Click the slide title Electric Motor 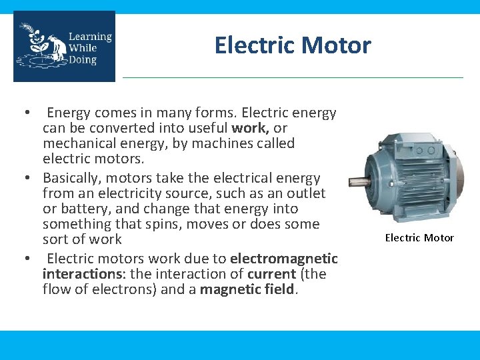(x=292, y=45)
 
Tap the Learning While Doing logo (x=64, y=46)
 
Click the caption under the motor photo (x=419, y=238)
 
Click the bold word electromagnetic (x=284, y=258)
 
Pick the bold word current (x=271, y=273)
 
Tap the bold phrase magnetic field (x=247, y=289)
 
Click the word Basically (x=71, y=179)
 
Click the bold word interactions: (x=74, y=273)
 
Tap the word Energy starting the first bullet (x=69, y=113)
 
